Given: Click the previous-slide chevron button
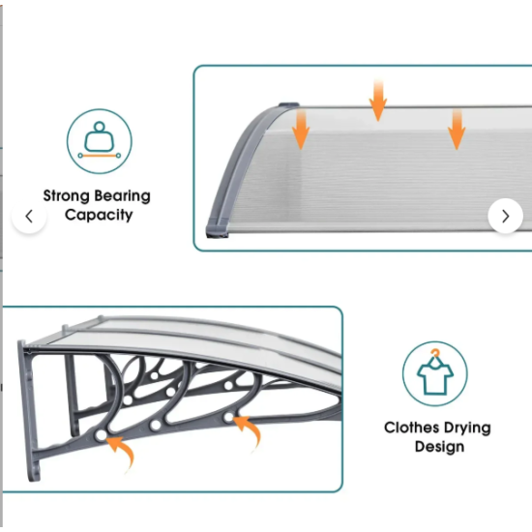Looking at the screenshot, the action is click(29, 216).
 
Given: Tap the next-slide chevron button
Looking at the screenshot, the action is click(505, 216).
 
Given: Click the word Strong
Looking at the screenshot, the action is click(66, 196).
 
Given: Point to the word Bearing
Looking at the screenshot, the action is click(122, 196).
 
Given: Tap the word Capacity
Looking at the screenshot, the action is click(99, 215).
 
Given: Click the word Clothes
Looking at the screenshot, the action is click(409, 428).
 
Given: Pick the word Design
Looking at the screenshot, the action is click(440, 447).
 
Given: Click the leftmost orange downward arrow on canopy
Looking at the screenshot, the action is click(301, 129).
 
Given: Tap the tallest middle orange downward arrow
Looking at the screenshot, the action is click(378, 101).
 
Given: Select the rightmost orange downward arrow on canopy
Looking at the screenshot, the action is click(457, 129).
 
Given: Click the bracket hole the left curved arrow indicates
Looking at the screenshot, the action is click(101, 435).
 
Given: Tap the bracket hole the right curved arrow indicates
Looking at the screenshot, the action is click(228, 417).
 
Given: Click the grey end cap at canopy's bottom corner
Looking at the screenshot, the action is click(217, 228).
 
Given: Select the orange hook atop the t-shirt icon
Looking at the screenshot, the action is click(435, 354).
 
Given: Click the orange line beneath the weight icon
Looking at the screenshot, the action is click(100, 156).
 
